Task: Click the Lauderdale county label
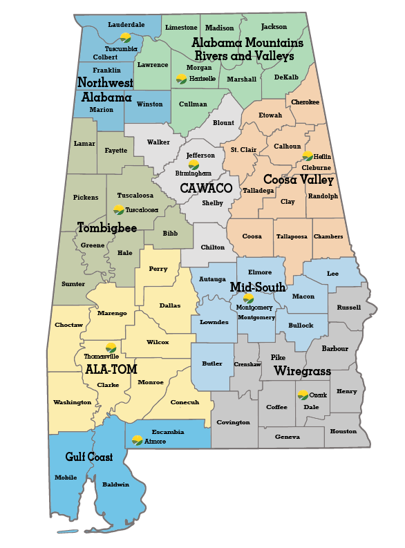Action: (x=127, y=25)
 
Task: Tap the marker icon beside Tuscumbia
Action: (x=125, y=38)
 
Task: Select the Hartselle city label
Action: (x=202, y=79)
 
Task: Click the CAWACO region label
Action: (x=206, y=187)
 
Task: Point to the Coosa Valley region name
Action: (x=299, y=180)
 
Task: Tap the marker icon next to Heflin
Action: (x=308, y=157)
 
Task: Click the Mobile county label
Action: (x=66, y=478)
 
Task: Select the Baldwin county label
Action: (x=115, y=484)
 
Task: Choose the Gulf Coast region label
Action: (x=89, y=457)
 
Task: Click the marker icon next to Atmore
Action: (x=138, y=440)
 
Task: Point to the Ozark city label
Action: (x=317, y=395)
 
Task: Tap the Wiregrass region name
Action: (x=302, y=371)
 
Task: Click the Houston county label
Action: (x=343, y=431)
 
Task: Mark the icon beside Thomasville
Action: (x=111, y=348)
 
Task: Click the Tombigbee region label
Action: (x=106, y=227)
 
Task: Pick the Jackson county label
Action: (x=274, y=27)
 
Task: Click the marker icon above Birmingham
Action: (x=194, y=164)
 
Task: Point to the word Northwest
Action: (x=105, y=83)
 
